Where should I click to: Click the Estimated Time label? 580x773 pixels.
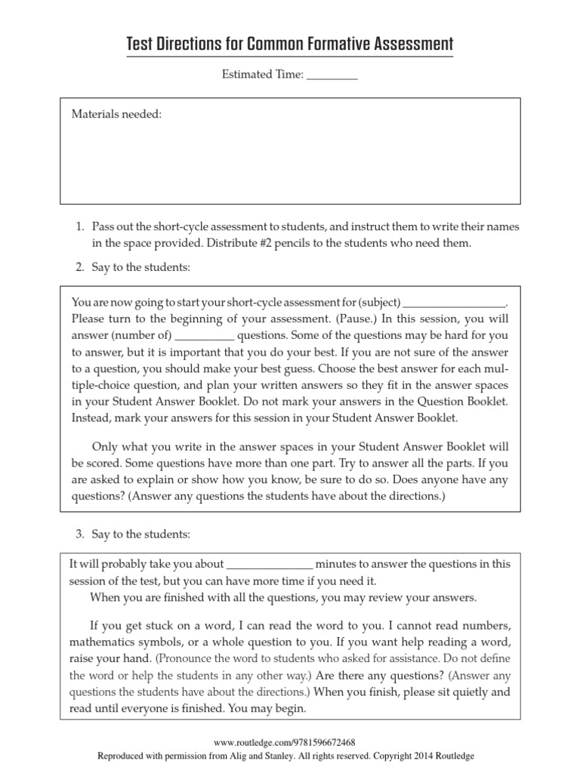262,75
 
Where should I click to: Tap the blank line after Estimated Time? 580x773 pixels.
332,77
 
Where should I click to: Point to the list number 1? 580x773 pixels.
79,227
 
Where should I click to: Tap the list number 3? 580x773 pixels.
79,534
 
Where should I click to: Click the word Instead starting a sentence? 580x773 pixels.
91,417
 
